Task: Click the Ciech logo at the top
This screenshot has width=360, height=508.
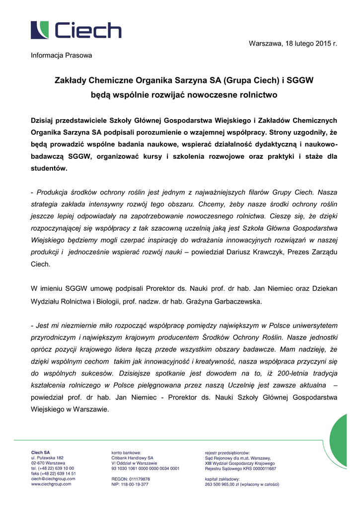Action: click(76, 30)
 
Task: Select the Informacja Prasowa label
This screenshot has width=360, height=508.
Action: click(62, 56)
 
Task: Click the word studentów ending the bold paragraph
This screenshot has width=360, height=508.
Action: click(49, 169)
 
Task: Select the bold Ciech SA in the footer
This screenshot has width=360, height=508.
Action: click(41, 452)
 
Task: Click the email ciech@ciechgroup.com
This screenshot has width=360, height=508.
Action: click(53, 479)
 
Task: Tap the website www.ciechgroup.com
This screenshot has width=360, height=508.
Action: click(51, 484)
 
